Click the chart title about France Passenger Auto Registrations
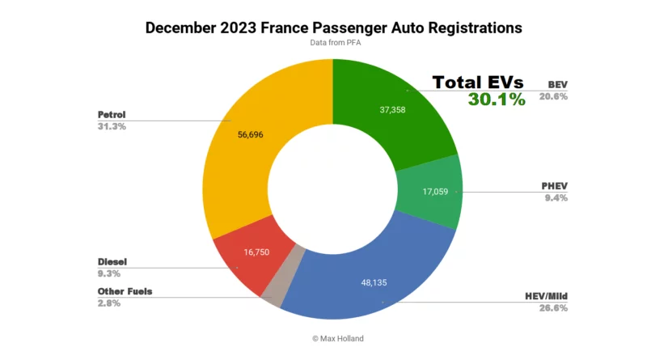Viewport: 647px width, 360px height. (333, 28)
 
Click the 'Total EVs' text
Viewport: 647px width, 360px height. (477, 83)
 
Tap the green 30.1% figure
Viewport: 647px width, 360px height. (496, 100)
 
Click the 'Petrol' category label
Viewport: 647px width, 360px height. (112, 114)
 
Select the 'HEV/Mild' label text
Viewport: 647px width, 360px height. (544, 296)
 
